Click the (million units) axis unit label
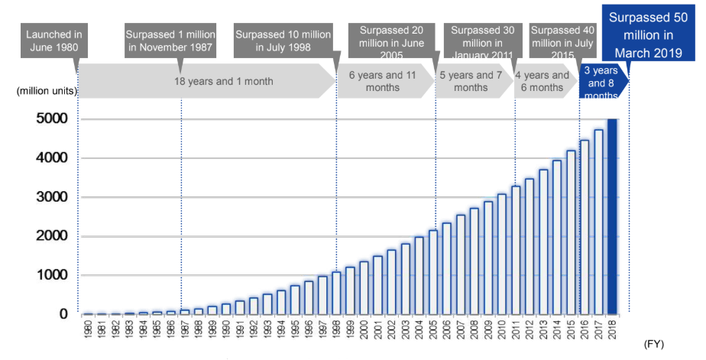pos(45,91)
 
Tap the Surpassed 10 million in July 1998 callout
pos(283,43)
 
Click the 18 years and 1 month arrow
pos(206,81)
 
